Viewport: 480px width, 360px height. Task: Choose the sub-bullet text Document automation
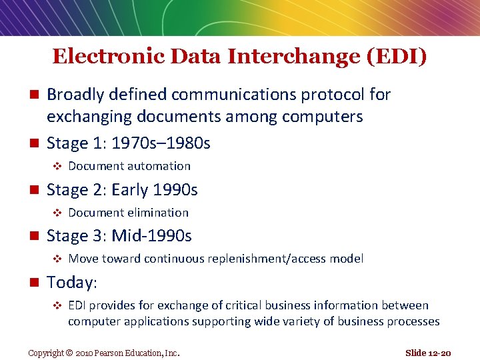coord(129,166)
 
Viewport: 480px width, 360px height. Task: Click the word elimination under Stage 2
coord(157,213)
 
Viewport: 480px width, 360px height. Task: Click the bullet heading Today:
coord(72,283)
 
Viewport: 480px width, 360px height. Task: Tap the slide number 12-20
coord(437,352)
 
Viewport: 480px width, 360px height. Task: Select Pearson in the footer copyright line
coord(111,352)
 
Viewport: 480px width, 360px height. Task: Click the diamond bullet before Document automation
coord(57,166)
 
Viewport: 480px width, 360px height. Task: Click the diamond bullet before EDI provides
coord(57,305)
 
